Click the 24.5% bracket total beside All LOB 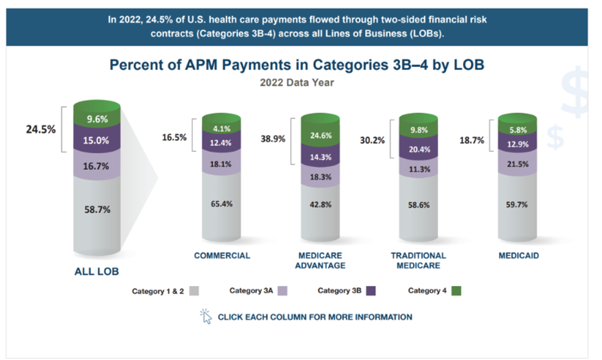click(x=41, y=129)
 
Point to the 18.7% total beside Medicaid click(x=471, y=138)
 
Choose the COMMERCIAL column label click(x=222, y=255)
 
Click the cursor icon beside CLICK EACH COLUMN click(x=206, y=316)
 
